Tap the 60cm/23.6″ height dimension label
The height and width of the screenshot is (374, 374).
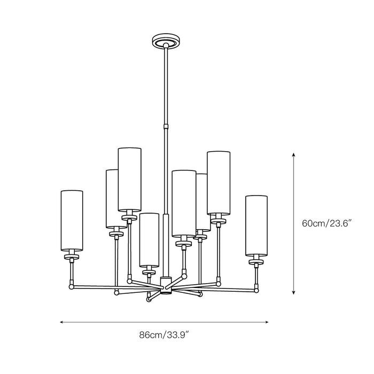tap(327, 223)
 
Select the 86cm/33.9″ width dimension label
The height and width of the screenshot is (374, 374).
tap(164, 335)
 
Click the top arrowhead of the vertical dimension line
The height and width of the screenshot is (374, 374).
tap(294, 154)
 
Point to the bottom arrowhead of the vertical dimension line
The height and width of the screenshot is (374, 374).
tap(294, 292)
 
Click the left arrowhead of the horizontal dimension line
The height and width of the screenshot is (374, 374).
tap(62, 322)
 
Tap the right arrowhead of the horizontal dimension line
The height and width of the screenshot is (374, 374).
tap(266, 322)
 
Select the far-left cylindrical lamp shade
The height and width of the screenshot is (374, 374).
tap(72, 221)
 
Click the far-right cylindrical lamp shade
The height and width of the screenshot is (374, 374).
tap(256, 226)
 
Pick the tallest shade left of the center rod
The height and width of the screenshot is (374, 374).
tap(129, 180)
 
